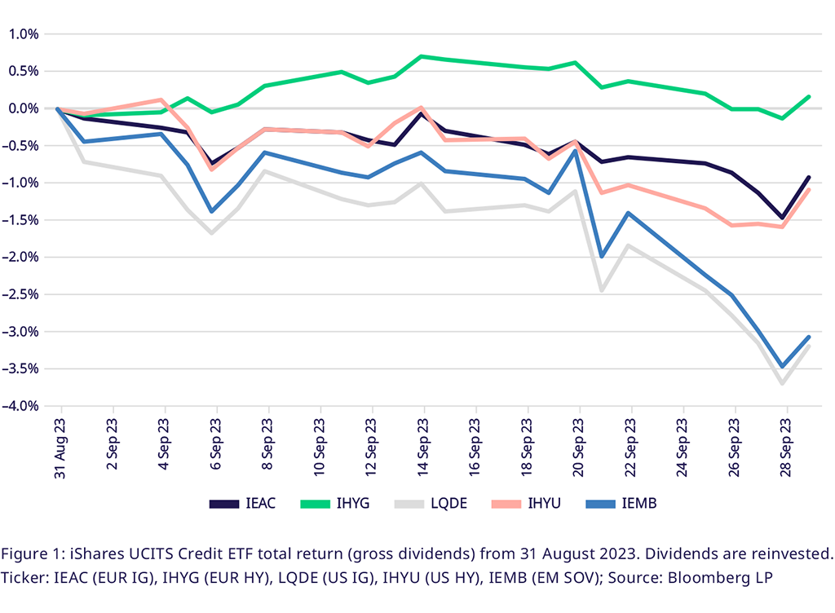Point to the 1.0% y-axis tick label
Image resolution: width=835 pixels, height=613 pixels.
[x=24, y=34]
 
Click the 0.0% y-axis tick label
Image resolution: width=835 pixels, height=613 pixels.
[x=24, y=108]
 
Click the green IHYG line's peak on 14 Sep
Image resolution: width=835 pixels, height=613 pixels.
[x=421, y=56]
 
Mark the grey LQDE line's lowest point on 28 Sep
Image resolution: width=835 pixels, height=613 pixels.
[x=783, y=383]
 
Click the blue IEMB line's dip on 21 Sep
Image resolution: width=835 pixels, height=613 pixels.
[x=602, y=257]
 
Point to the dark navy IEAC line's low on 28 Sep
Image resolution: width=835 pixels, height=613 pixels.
[x=783, y=218]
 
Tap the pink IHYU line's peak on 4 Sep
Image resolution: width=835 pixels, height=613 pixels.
[x=161, y=99]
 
